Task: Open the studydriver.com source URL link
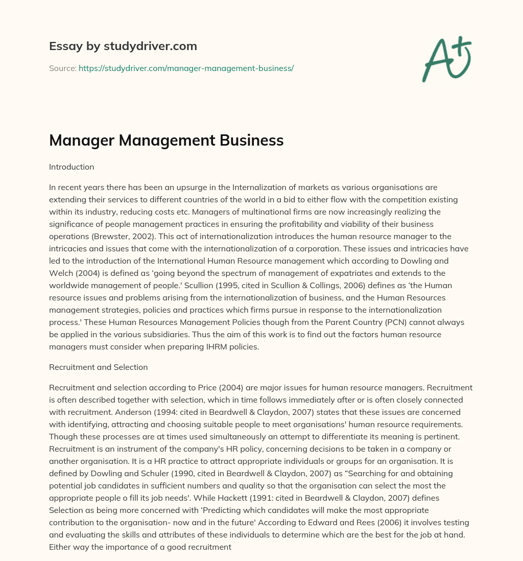point(186,68)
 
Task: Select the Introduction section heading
point(72,167)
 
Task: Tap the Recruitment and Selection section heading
point(98,367)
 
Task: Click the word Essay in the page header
point(62,46)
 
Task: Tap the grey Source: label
point(62,68)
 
